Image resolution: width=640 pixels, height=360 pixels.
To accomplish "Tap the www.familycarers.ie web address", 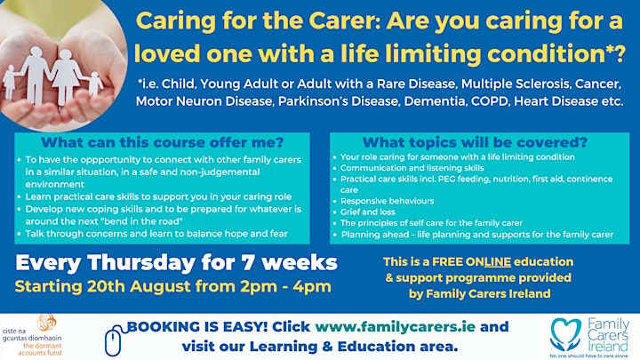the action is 395,326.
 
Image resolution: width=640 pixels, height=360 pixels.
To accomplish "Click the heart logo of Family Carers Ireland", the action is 565,335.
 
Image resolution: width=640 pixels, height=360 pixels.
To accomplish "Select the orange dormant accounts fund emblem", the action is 46,323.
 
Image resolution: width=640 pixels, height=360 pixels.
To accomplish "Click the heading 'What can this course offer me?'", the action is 162,142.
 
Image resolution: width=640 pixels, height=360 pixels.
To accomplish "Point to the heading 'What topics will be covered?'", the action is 475,142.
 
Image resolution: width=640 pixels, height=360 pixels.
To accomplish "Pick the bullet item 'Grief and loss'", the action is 368,212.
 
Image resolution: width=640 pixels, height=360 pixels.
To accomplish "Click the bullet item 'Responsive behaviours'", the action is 387,201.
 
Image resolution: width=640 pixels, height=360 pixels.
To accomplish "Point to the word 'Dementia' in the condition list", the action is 436,101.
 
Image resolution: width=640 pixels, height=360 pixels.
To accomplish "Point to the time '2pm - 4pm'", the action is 285,286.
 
